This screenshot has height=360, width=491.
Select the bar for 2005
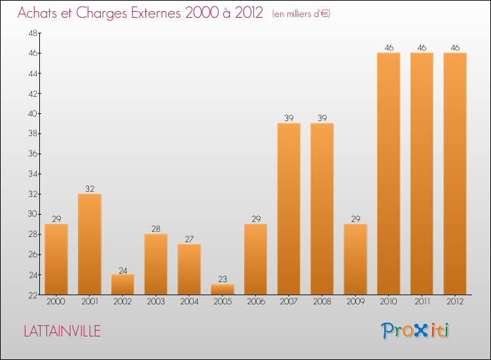[x=223, y=289]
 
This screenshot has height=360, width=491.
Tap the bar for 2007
[x=289, y=209]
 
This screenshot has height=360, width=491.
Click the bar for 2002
[x=122, y=284]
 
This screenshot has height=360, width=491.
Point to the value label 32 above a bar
[x=89, y=189]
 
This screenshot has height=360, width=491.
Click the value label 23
[x=223, y=279]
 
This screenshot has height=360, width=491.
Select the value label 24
[x=122, y=270]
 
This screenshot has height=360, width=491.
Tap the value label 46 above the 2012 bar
[x=455, y=48]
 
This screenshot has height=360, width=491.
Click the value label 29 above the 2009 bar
[x=355, y=219]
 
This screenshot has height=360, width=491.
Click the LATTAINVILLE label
[x=62, y=331]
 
